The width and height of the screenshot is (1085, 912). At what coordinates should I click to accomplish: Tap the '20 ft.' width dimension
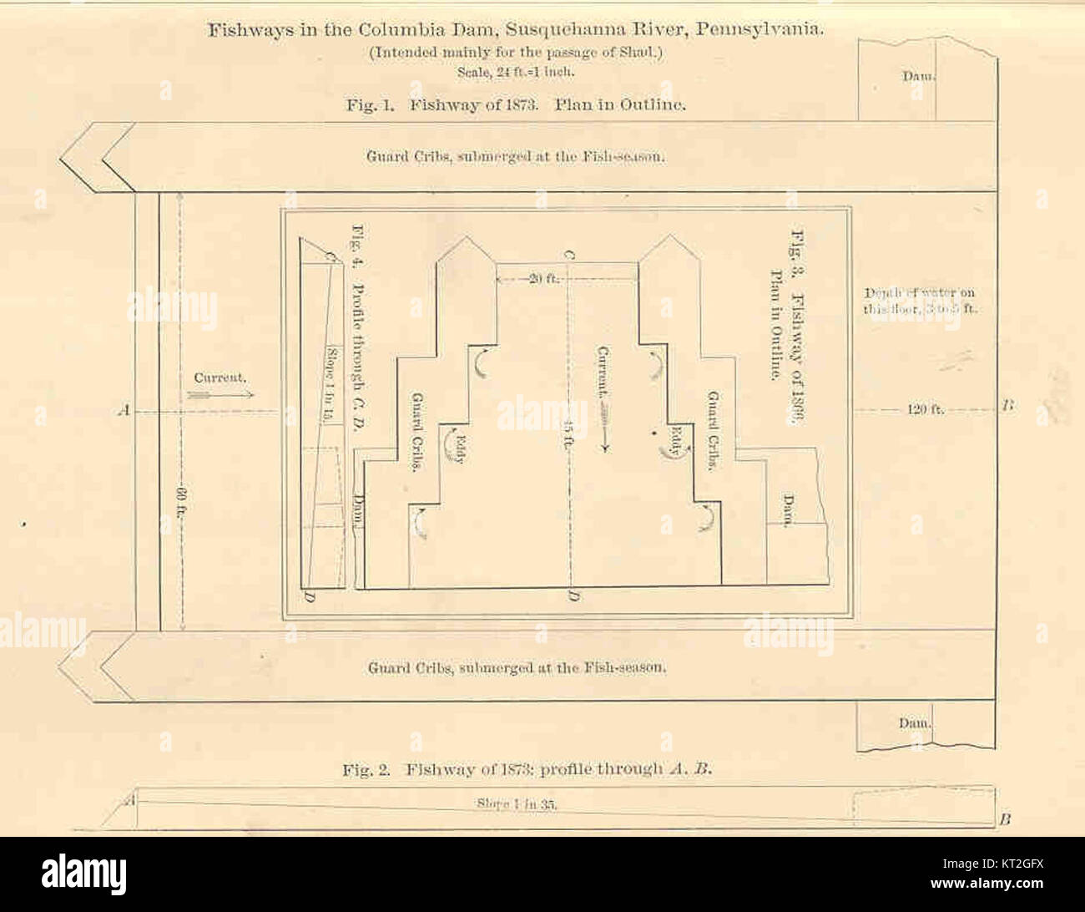click(543, 279)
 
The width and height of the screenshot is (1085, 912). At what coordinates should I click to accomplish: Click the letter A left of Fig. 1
click(125, 410)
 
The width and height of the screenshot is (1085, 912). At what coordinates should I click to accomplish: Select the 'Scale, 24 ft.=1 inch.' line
click(515, 72)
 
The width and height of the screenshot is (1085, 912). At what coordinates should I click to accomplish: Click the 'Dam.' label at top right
click(917, 76)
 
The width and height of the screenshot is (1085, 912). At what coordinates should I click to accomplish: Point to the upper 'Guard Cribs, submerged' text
click(515, 156)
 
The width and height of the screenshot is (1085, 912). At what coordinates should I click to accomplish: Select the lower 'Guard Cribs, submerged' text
click(517, 667)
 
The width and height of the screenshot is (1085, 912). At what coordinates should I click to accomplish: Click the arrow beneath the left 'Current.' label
click(220, 394)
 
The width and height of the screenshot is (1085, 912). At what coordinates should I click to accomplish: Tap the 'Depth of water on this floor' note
click(919, 300)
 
